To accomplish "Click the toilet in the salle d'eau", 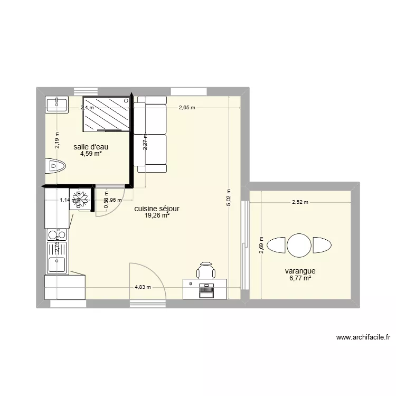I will [54, 166].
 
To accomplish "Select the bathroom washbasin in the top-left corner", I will [56, 104].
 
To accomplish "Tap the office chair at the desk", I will [206, 271].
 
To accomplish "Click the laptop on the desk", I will [206, 288].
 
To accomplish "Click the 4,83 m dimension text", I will [143, 287].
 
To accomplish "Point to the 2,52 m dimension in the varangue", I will [299, 201].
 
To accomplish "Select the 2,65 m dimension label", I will [186, 108].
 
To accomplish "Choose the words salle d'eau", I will [91, 147].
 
